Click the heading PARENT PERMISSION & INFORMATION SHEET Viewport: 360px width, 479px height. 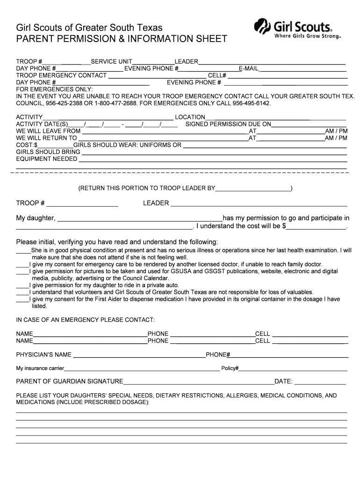click(x=122, y=38)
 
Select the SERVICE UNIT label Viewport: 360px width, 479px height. click(x=111, y=62)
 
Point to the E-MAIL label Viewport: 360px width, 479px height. click(x=248, y=69)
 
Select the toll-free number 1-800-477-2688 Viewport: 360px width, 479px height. click(x=113, y=103)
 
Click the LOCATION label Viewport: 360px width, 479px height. click(x=190, y=117)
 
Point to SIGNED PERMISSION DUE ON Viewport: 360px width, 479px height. click(x=228, y=124)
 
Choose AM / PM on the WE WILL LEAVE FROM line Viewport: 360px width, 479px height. click(x=336, y=131)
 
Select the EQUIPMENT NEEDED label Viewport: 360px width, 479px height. click(x=47, y=159)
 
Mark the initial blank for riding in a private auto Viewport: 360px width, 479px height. click(x=22, y=285)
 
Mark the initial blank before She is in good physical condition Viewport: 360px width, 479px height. click(x=23, y=250)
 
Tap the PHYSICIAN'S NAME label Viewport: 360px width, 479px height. click(x=44, y=355)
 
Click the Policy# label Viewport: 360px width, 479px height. click(x=230, y=369)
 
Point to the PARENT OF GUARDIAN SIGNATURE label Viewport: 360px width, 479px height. click(x=70, y=382)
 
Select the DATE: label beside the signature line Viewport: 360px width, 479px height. click(x=283, y=382)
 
